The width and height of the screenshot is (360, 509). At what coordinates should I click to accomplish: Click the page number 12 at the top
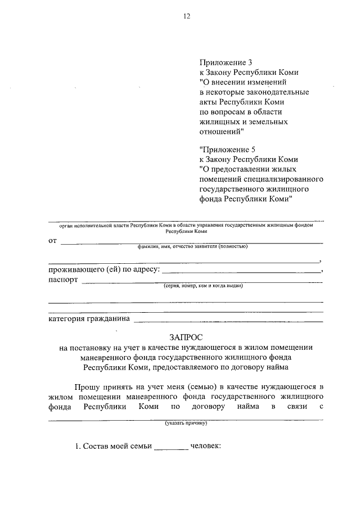pos(187,16)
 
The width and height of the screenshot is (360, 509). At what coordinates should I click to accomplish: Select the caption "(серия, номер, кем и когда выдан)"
pos(202,286)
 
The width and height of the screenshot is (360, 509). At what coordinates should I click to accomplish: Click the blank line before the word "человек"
pos(171,448)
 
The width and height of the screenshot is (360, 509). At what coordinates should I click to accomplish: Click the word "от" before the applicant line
pos(53,241)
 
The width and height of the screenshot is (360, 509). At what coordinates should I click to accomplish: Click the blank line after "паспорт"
pos(202,282)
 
